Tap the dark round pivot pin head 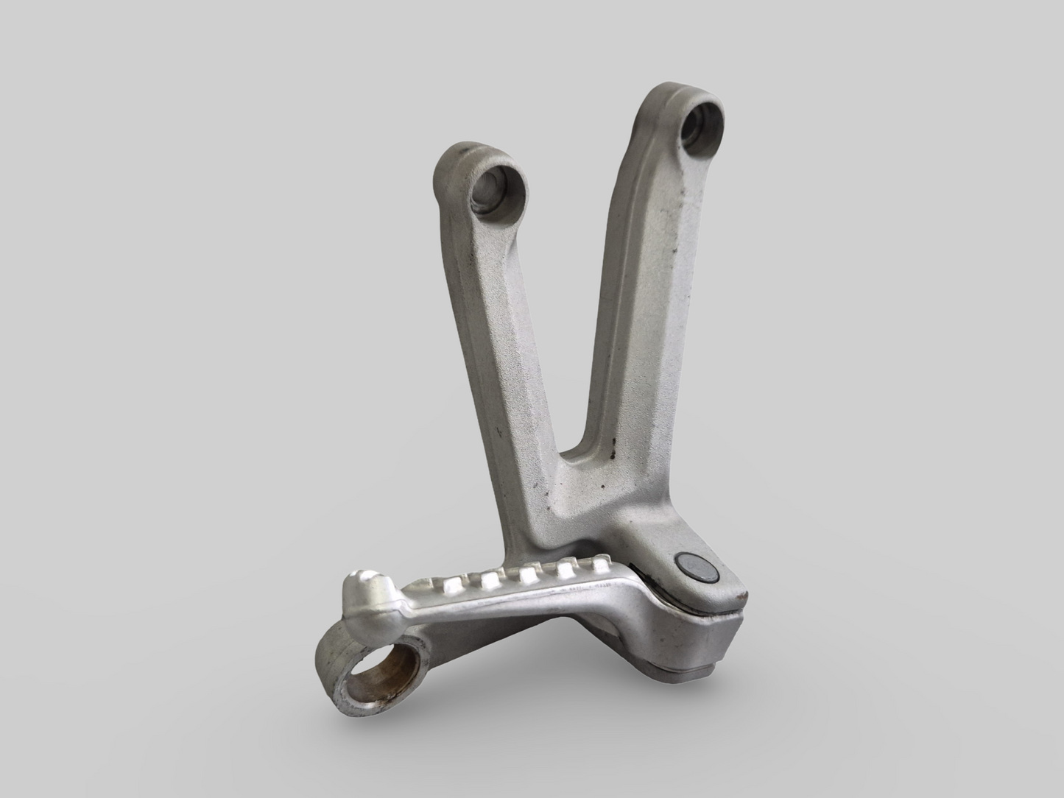pyautogui.click(x=691, y=565)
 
